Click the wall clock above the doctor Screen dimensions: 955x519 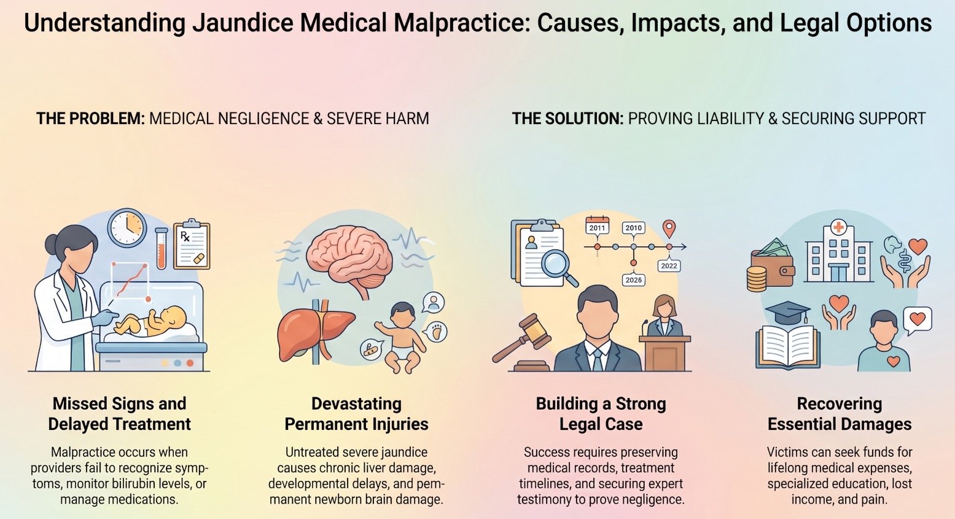127,228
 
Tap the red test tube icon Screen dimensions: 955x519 161,248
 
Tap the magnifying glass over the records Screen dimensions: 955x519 558,267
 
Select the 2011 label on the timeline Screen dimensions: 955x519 598,228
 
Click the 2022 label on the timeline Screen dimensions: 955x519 669,266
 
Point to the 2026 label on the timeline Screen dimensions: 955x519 634,279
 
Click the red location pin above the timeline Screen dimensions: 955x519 669,228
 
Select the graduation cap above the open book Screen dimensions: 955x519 787,312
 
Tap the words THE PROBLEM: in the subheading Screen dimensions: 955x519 91,119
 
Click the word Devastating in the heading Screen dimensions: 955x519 356,404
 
